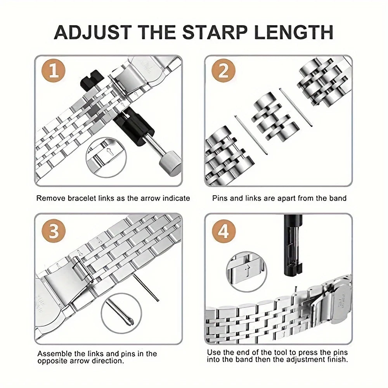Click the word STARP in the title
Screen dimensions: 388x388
(x=215, y=32)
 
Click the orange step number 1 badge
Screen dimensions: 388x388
(x=54, y=71)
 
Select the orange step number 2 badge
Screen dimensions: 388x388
(x=223, y=71)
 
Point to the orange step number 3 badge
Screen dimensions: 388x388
(x=54, y=231)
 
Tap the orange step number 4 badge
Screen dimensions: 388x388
(x=224, y=231)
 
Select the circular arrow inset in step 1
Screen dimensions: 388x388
(x=106, y=158)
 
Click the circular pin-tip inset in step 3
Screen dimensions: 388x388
(x=121, y=313)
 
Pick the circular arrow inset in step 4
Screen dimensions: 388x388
(x=247, y=272)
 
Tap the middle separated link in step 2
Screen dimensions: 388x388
(x=275, y=117)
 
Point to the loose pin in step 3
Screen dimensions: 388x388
(x=146, y=287)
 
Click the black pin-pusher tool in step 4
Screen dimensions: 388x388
(x=293, y=245)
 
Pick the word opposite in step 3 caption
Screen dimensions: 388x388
(x=53, y=361)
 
